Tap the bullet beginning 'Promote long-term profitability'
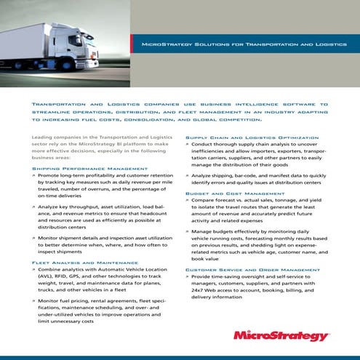tap(105, 186)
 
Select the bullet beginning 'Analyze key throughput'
tap(105, 217)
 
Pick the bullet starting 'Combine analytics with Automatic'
tap(105, 281)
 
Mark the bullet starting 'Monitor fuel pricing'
tap(105, 310)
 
